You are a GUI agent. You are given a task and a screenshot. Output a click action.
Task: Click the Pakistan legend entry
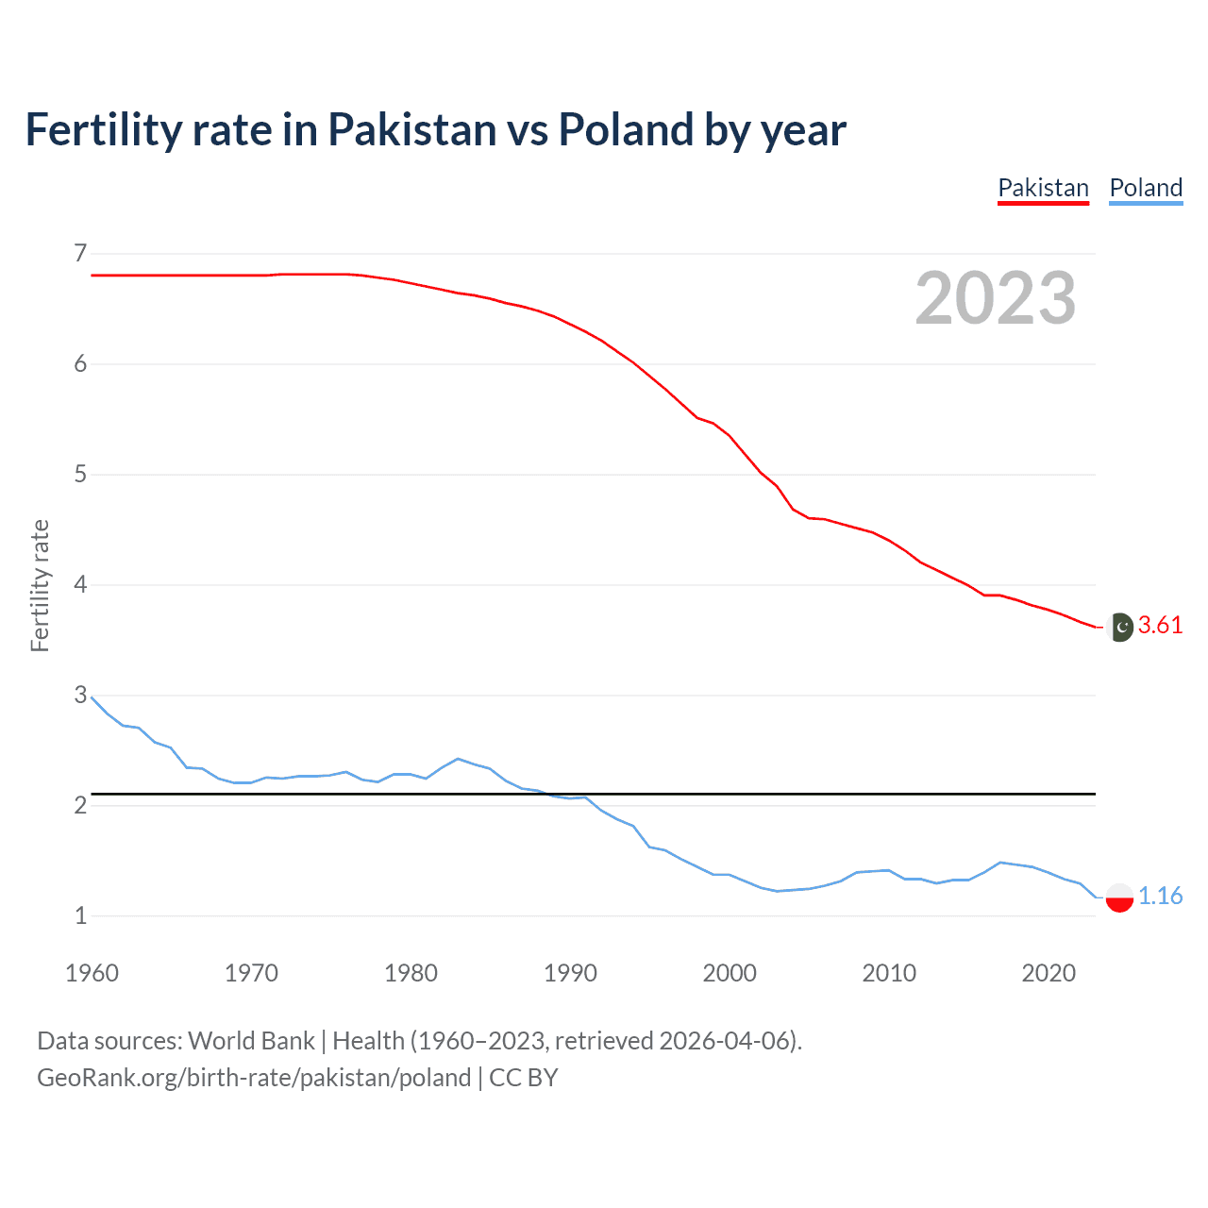click(1043, 188)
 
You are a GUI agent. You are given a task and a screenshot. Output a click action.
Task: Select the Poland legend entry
click(1146, 188)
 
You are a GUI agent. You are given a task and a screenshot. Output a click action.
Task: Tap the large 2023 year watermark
click(995, 298)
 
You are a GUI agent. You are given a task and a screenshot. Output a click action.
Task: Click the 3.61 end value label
click(1160, 626)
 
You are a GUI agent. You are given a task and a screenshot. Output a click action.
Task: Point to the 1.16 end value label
click(1160, 896)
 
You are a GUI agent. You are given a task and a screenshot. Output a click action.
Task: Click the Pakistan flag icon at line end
click(1119, 627)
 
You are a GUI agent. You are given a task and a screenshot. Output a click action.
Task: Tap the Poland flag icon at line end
click(1119, 897)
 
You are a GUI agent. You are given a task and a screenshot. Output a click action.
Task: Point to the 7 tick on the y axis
click(80, 253)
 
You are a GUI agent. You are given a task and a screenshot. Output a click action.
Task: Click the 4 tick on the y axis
click(80, 584)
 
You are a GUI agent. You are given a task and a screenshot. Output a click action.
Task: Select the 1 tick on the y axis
click(80, 915)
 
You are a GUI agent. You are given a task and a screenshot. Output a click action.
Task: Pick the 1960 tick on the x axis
click(92, 973)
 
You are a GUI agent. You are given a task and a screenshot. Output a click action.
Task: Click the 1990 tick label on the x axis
click(570, 973)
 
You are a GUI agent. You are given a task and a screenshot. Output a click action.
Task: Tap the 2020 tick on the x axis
click(1049, 973)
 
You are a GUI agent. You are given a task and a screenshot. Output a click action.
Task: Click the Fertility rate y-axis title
click(40, 585)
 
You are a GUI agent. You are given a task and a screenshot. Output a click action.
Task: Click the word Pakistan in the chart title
click(411, 129)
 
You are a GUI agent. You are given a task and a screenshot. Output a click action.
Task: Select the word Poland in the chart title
click(626, 129)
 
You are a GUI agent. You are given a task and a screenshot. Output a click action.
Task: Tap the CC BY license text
click(523, 1078)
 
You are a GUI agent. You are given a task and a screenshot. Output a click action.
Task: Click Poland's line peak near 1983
click(458, 759)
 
